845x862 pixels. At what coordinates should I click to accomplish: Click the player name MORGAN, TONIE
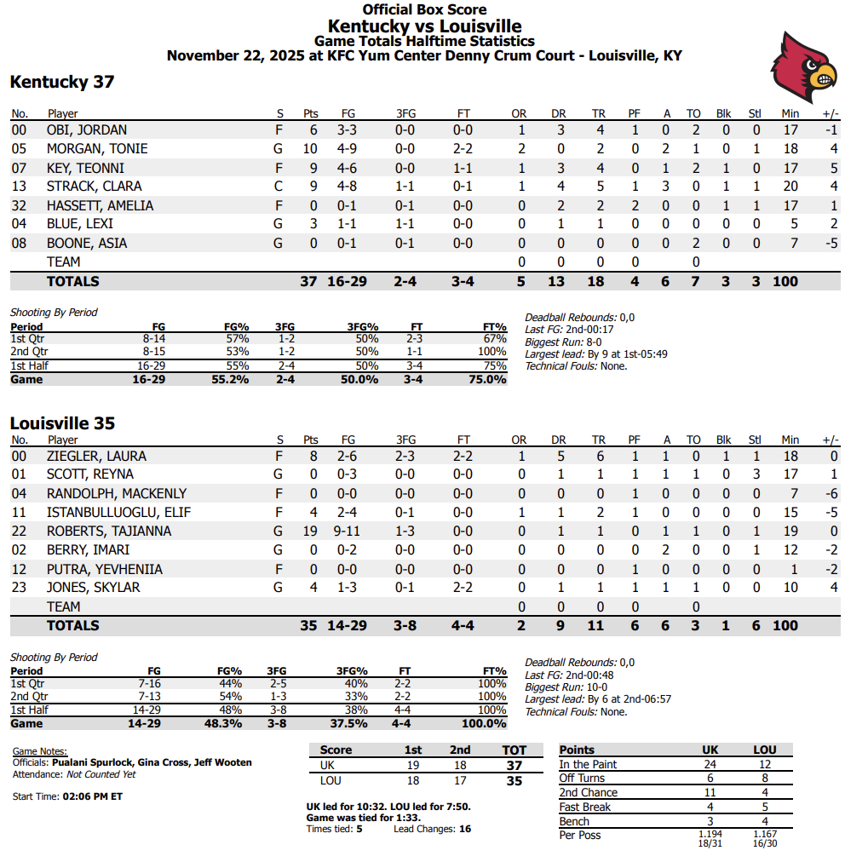click(x=97, y=149)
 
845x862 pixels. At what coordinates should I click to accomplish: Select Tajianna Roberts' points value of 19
click(x=310, y=532)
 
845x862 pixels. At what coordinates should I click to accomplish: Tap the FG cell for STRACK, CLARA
click(x=348, y=187)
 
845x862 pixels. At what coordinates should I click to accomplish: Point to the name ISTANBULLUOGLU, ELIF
click(x=118, y=513)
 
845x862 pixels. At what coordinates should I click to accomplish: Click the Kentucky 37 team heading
click(x=62, y=83)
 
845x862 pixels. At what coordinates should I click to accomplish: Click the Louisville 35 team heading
click(x=62, y=423)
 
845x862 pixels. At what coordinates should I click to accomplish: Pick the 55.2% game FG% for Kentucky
click(x=230, y=380)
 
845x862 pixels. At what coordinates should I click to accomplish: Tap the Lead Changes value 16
click(x=464, y=829)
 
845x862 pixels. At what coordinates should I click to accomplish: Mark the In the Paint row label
click(x=588, y=765)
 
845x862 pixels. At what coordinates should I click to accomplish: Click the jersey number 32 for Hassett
click(x=20, y=206)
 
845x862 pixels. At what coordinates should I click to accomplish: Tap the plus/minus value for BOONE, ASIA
click(x=831, y=244)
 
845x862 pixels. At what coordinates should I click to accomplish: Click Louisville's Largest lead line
click(x=598, y=699)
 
